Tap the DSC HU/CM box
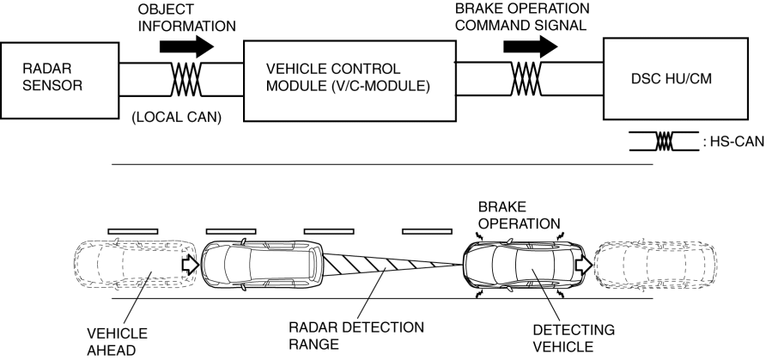click(675, 77)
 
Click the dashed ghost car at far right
click(655, 266)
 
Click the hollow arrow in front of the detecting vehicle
click(583, 265)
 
